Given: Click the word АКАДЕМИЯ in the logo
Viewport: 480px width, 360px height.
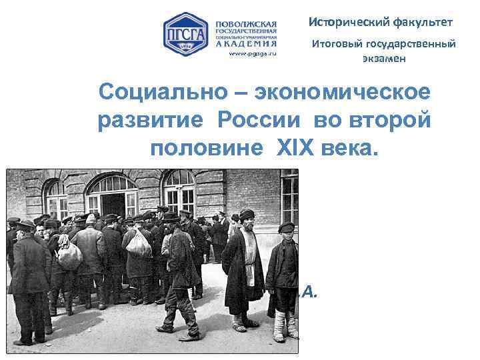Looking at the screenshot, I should (x=245, y=43).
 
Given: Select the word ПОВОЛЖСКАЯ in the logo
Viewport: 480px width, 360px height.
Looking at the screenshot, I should (x=245, y=23).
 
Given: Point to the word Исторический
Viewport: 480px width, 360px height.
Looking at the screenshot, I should (x=345, y=22).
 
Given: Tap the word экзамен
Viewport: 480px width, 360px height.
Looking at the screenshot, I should (x=384, y=59).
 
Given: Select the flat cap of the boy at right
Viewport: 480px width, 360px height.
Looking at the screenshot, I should (x=287, y=227).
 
